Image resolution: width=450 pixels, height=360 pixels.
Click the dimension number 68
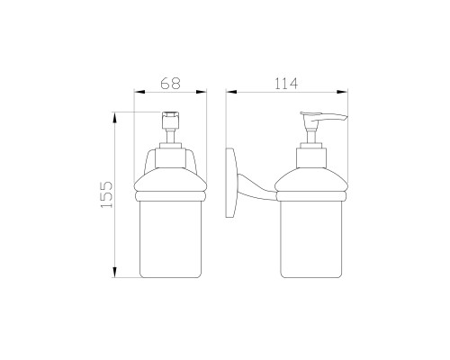[170, 84]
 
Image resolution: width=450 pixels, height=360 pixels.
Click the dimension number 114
[286, 84]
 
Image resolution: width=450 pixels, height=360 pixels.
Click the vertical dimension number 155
[106, 194]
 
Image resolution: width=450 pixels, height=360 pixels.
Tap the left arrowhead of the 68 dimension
[139, 92]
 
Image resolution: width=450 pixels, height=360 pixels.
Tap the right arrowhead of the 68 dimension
[202, 92]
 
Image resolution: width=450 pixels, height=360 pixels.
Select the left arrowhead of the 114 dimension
[231, 92]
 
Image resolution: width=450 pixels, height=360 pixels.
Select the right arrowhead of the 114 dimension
[342, 92]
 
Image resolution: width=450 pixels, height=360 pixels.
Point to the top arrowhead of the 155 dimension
[114, 118]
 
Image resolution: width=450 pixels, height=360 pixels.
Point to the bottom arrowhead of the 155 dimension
[114, 272]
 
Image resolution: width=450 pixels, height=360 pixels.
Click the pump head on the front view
[170, 120]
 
